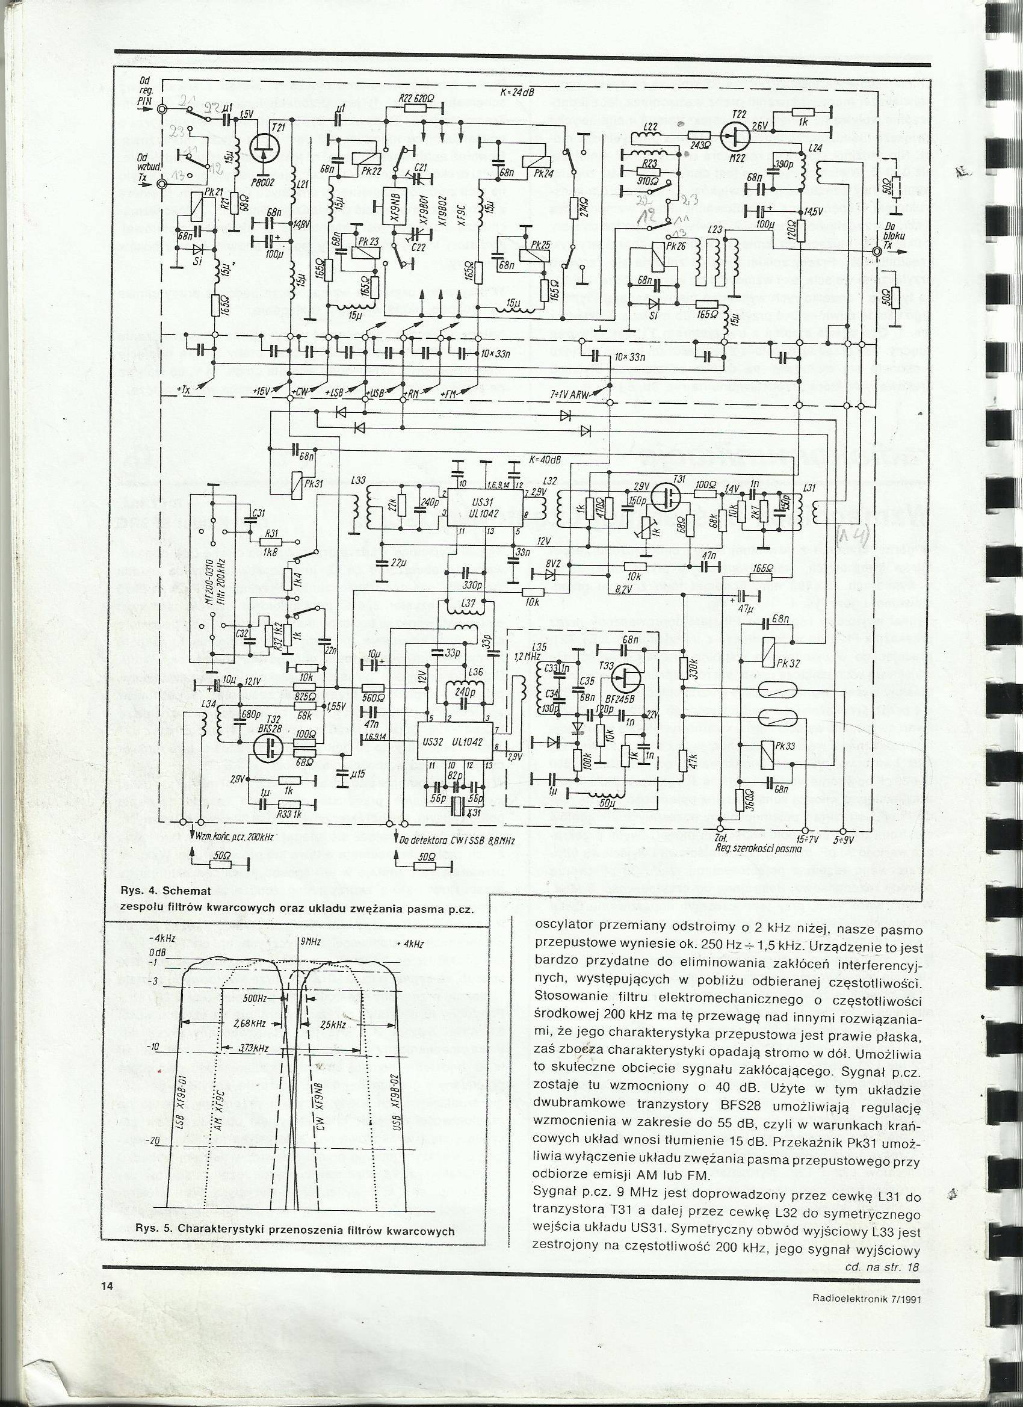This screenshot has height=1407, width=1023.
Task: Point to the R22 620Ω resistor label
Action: pyautogui.click(x=415, y=97)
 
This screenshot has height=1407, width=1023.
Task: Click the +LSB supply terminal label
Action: pyautogui.click(x=336, y=391)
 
